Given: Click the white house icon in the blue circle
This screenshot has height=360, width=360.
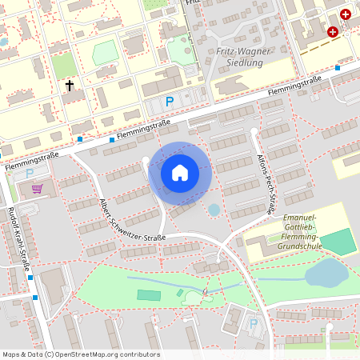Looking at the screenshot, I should coord(180,173).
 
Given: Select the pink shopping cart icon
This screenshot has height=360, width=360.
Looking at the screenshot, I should coord(37,189).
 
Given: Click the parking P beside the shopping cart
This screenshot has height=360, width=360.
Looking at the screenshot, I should coord(30,173).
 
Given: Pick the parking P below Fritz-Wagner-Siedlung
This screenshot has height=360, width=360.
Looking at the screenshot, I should coord(169,102).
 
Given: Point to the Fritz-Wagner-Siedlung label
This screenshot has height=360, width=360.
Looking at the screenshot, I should coord(245,58).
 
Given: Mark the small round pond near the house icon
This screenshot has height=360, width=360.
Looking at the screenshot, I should coord(214,210).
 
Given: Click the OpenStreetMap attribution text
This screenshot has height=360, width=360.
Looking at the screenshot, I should coord(80,354).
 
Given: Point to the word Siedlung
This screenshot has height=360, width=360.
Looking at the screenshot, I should coord(245,64).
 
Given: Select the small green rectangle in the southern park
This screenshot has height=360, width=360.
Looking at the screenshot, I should coord(148,295).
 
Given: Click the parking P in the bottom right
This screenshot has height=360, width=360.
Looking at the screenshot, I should coord(254,324).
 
